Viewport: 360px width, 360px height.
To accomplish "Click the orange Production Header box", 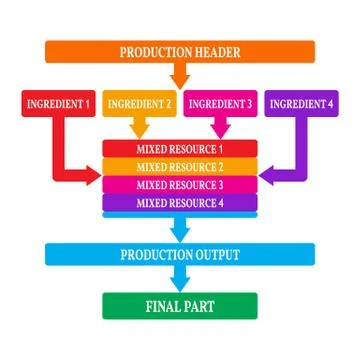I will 180,53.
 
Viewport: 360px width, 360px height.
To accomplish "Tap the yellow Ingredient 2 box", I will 139,103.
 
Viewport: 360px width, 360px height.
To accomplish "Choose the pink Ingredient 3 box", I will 220,103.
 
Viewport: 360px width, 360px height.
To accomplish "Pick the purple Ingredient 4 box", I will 300,103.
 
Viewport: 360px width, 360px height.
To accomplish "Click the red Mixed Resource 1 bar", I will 180,149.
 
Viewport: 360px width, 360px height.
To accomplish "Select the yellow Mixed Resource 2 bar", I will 180,167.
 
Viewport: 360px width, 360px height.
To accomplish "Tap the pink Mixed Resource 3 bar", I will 180,185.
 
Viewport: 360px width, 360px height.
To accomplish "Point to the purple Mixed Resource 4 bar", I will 180,203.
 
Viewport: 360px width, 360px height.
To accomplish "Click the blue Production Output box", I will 180,255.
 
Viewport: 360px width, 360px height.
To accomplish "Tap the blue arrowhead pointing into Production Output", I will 180,234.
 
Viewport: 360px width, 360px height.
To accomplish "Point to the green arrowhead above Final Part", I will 180,285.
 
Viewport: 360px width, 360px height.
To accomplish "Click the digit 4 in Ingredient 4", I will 329,103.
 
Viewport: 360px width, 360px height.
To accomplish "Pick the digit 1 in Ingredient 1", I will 88,103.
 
